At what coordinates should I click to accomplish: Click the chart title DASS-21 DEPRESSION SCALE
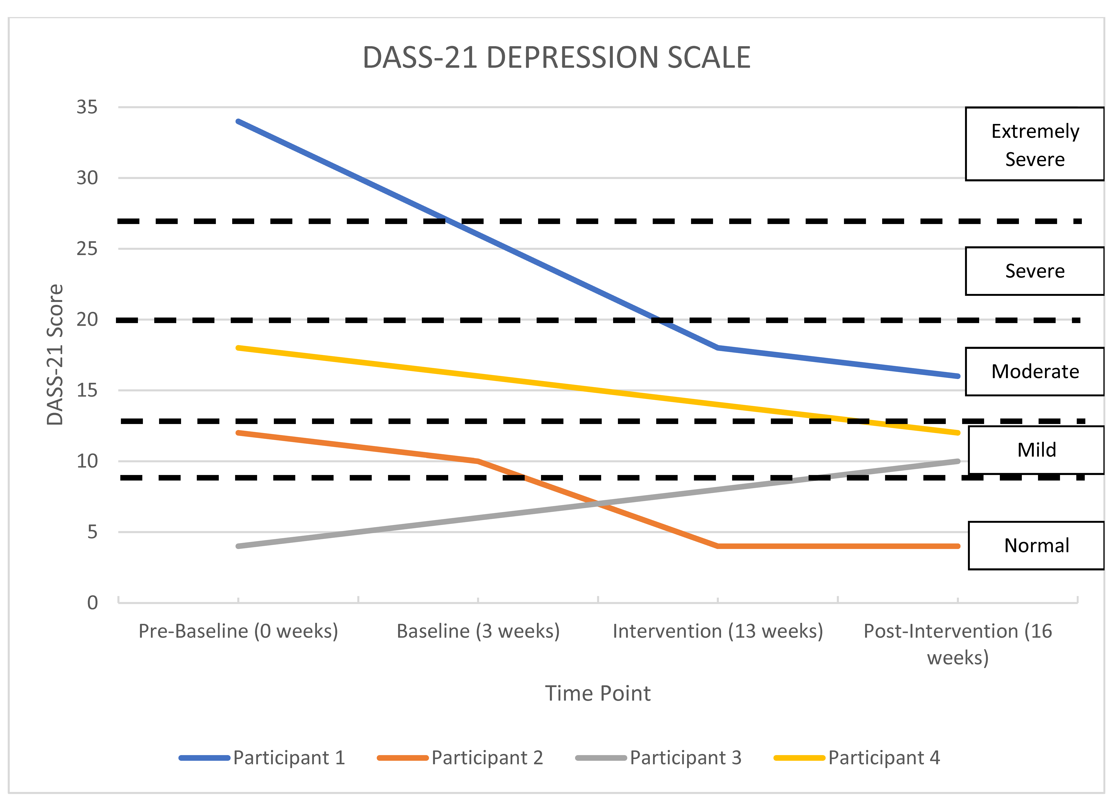[x=556, y=58]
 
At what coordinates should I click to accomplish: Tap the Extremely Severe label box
[x=1035, y=144]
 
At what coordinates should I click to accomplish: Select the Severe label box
[x=1035, y=271]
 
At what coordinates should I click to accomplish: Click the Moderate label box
[x=1035, y=372]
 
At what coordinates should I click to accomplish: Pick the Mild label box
[x=1036, y=450]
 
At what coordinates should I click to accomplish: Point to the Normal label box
[x=1036, y=546]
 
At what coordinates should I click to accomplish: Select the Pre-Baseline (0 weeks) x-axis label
[x=238, y=631]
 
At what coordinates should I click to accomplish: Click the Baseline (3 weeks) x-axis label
[x=478, y=631]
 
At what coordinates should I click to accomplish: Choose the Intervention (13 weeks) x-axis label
[x=718, y=631]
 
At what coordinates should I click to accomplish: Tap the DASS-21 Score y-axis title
[x=55, y=354]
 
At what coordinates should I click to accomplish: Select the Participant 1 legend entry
[x=262, y=758]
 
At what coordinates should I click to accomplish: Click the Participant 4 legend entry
[x=857, y=758]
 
